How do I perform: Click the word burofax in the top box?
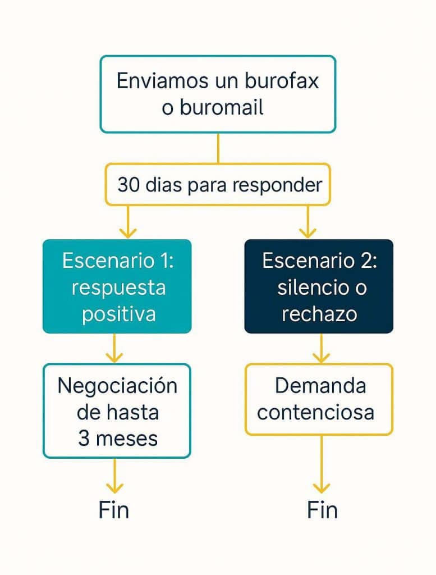coord(282,81)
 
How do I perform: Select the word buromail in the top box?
coord(222,107)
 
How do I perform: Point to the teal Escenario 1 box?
coord(117,286)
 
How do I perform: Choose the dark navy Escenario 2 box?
coord(319,286)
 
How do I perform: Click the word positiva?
coord(118,313)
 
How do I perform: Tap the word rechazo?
coord(319,313)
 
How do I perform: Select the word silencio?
coord(309,287)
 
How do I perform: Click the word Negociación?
coord(117,386)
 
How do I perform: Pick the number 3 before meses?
coord(84,438)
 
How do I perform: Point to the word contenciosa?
coord(315,412)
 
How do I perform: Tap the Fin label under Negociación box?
coord(114,510)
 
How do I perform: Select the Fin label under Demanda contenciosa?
coord(322,510)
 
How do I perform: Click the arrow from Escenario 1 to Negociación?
coord(115,348)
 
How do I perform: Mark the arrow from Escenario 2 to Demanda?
coord(321,348)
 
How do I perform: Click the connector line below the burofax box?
coord(218,148)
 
